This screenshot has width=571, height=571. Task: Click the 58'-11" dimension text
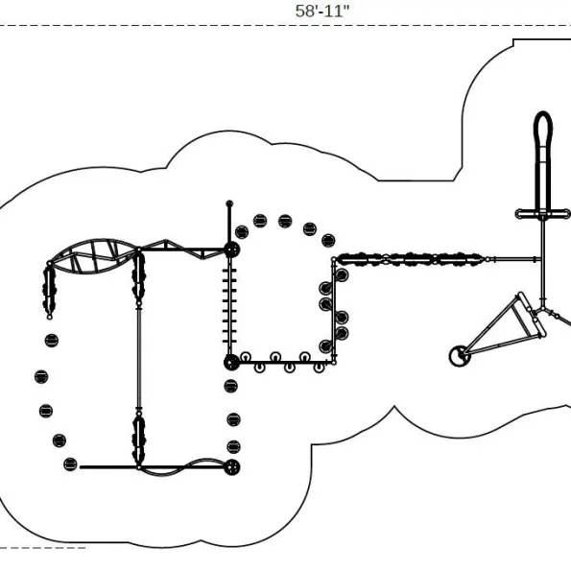click(321, 11)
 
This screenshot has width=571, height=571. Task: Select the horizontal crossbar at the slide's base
click(542, 214)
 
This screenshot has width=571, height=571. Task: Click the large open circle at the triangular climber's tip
click(459, 356)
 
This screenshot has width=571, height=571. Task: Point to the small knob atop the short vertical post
click(229, 203)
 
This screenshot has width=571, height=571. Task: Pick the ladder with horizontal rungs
click(229, 306)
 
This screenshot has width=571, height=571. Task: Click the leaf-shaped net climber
click(94, 255)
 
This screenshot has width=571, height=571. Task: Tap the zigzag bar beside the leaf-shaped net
click(182, 250)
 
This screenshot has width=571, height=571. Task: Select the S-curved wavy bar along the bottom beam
click(184, 466)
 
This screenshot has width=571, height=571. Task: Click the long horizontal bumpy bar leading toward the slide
click(411, 259)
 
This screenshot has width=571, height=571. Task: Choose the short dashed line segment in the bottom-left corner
click(42, 547)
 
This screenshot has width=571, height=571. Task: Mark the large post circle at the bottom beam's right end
click(232, 467)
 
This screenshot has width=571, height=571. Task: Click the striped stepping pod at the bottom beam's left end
click(70, 464)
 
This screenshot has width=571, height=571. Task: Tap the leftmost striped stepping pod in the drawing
click(41, 376)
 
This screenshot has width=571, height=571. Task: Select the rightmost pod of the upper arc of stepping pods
click(328, 240)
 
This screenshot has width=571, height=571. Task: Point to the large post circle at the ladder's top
click(231, 250)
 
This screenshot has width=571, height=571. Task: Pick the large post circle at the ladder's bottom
click(231, 363)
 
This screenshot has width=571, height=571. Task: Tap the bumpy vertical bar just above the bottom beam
click(139, 440)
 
